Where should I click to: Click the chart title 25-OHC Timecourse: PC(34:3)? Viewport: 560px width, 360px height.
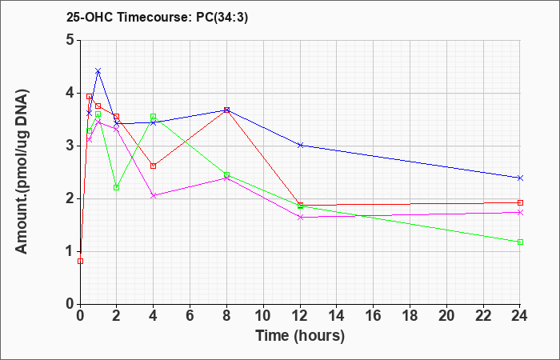coord(157,18)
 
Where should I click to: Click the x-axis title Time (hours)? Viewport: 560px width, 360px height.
coord(300,336)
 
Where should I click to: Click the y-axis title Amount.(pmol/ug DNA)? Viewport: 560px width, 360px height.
coord(22,172)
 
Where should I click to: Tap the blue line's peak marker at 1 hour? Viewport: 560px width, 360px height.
coord(98,70)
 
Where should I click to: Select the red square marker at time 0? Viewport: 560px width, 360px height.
coord(80,261)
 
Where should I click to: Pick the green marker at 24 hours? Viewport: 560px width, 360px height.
coord(520,242)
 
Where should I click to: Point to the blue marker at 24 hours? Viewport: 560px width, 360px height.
coord(520,178)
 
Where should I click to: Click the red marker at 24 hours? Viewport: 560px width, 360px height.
coord(520,203)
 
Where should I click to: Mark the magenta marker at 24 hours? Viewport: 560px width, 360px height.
coord(520,212)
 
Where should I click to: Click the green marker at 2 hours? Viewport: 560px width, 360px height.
coord(117,187)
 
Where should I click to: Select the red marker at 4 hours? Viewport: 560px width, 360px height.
coord(154,166)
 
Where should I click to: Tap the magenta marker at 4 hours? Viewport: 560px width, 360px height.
coord(154,195)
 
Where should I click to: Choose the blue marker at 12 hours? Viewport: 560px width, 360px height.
coord(300,145)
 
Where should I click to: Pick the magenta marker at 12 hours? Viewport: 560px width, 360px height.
coord(300,217)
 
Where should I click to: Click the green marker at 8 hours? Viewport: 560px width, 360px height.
coord(226,174)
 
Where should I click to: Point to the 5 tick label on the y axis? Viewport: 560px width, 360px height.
coord(70,40)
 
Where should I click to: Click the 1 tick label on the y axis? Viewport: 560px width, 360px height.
coord(70,251)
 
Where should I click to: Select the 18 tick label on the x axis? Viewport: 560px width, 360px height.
coord(410,316)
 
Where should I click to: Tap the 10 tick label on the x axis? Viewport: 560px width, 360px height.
coord(263,316)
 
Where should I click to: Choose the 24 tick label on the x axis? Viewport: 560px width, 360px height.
coord(520,316)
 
